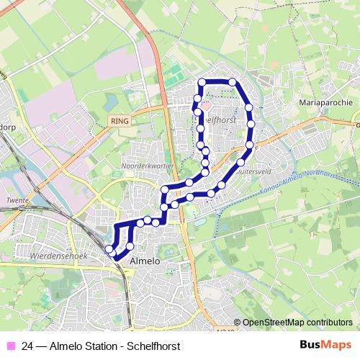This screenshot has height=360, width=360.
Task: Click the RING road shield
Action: pyautogui.click(x=120, y=121)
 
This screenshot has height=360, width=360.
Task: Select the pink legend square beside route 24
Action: pyautogui.click(x=9, y=346)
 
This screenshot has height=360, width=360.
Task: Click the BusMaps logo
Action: pyautogui.click(x=326, y=345)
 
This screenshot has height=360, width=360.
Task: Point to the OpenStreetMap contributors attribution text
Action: pyautogui.click(x=297, y=322)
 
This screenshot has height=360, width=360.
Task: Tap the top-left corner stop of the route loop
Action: pyautogui.click(x=202, y=82)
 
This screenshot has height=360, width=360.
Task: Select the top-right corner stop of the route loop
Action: pyautogui.click(x=233, y=82)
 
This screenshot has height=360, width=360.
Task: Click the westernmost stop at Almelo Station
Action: pyautogui.click(x=109, y=249)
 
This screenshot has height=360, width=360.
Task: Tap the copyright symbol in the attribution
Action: pyautogui.click(x=238, y=322)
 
